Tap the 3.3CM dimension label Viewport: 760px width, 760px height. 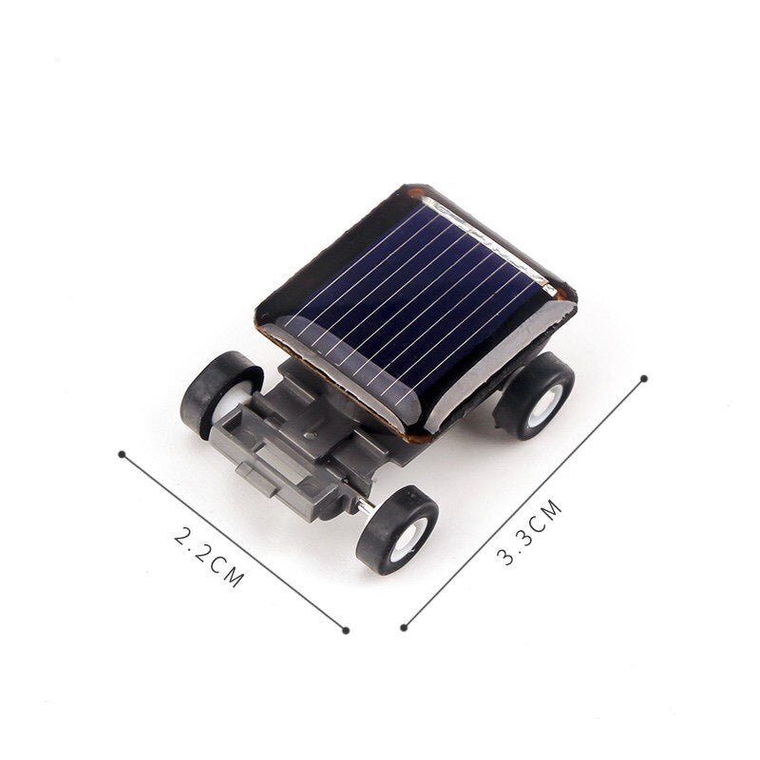(x=530, y=534)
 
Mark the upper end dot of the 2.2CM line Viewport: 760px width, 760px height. (x=122, y=454)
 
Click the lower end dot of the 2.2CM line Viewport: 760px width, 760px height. (x=346, y=629)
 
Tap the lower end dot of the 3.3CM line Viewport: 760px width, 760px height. (x=404, y=627)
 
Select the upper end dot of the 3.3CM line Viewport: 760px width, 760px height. (x=644, y=378)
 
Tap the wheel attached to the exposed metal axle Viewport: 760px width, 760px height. (x=397, y=530)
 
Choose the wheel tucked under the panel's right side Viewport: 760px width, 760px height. (x=535, y=394)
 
